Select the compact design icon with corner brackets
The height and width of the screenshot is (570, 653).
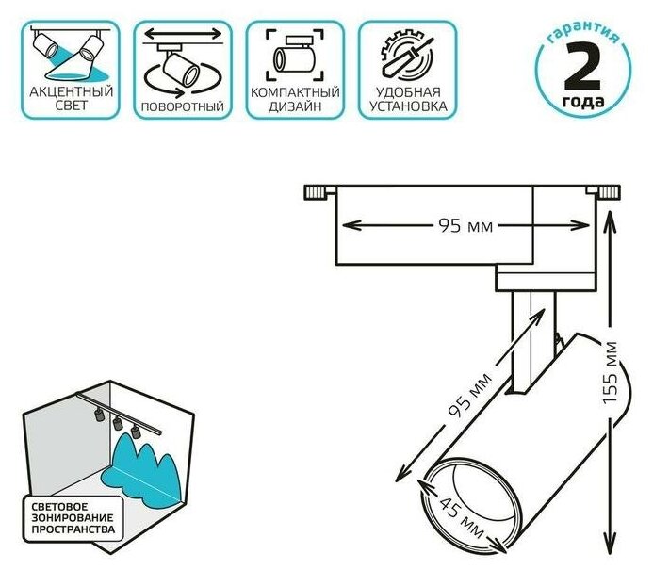pos(295,54)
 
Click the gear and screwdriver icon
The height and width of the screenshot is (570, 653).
pos(406,54)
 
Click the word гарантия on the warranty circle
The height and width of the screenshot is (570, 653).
pos(581,36)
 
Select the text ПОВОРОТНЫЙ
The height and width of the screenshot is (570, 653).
pos(183,106)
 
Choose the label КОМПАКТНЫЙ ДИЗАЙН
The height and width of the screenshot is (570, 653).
pos(295,100)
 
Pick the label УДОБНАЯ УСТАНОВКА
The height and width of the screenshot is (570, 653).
pos(407,100)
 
